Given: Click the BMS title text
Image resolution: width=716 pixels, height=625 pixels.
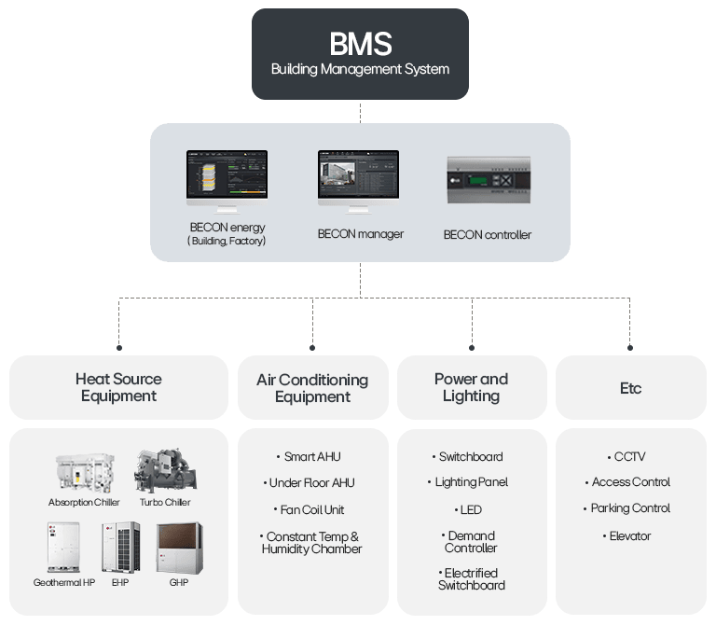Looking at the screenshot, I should click(x=360, y=43).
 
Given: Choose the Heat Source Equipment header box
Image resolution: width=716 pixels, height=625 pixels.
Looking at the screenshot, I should click(x=118, y=387).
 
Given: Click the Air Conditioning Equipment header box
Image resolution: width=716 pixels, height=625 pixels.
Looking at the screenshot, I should click(x=312, y=387).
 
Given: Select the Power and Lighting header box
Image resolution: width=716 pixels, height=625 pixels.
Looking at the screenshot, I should click(x=471, y=387).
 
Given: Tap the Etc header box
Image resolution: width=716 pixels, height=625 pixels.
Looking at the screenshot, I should click(x=630, y=387).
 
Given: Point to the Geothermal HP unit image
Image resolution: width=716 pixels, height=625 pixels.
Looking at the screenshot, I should click(x=63, y=547).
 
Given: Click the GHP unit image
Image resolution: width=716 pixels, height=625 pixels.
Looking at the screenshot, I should click(x=178, y=547).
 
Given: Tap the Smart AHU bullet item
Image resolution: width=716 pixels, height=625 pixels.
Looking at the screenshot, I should click(x=312, y=457).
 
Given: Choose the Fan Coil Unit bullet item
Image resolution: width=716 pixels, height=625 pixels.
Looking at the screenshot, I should click(x=312, y=509).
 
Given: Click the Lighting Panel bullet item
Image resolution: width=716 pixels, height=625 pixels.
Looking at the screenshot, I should click(x=471, y=482).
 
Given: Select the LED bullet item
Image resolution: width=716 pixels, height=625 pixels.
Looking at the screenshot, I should click(x=471, y=509).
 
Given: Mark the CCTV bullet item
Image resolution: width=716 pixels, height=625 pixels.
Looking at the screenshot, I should click(x=630, y=457).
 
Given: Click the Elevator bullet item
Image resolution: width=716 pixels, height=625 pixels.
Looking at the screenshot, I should click(x=630, y=536).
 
